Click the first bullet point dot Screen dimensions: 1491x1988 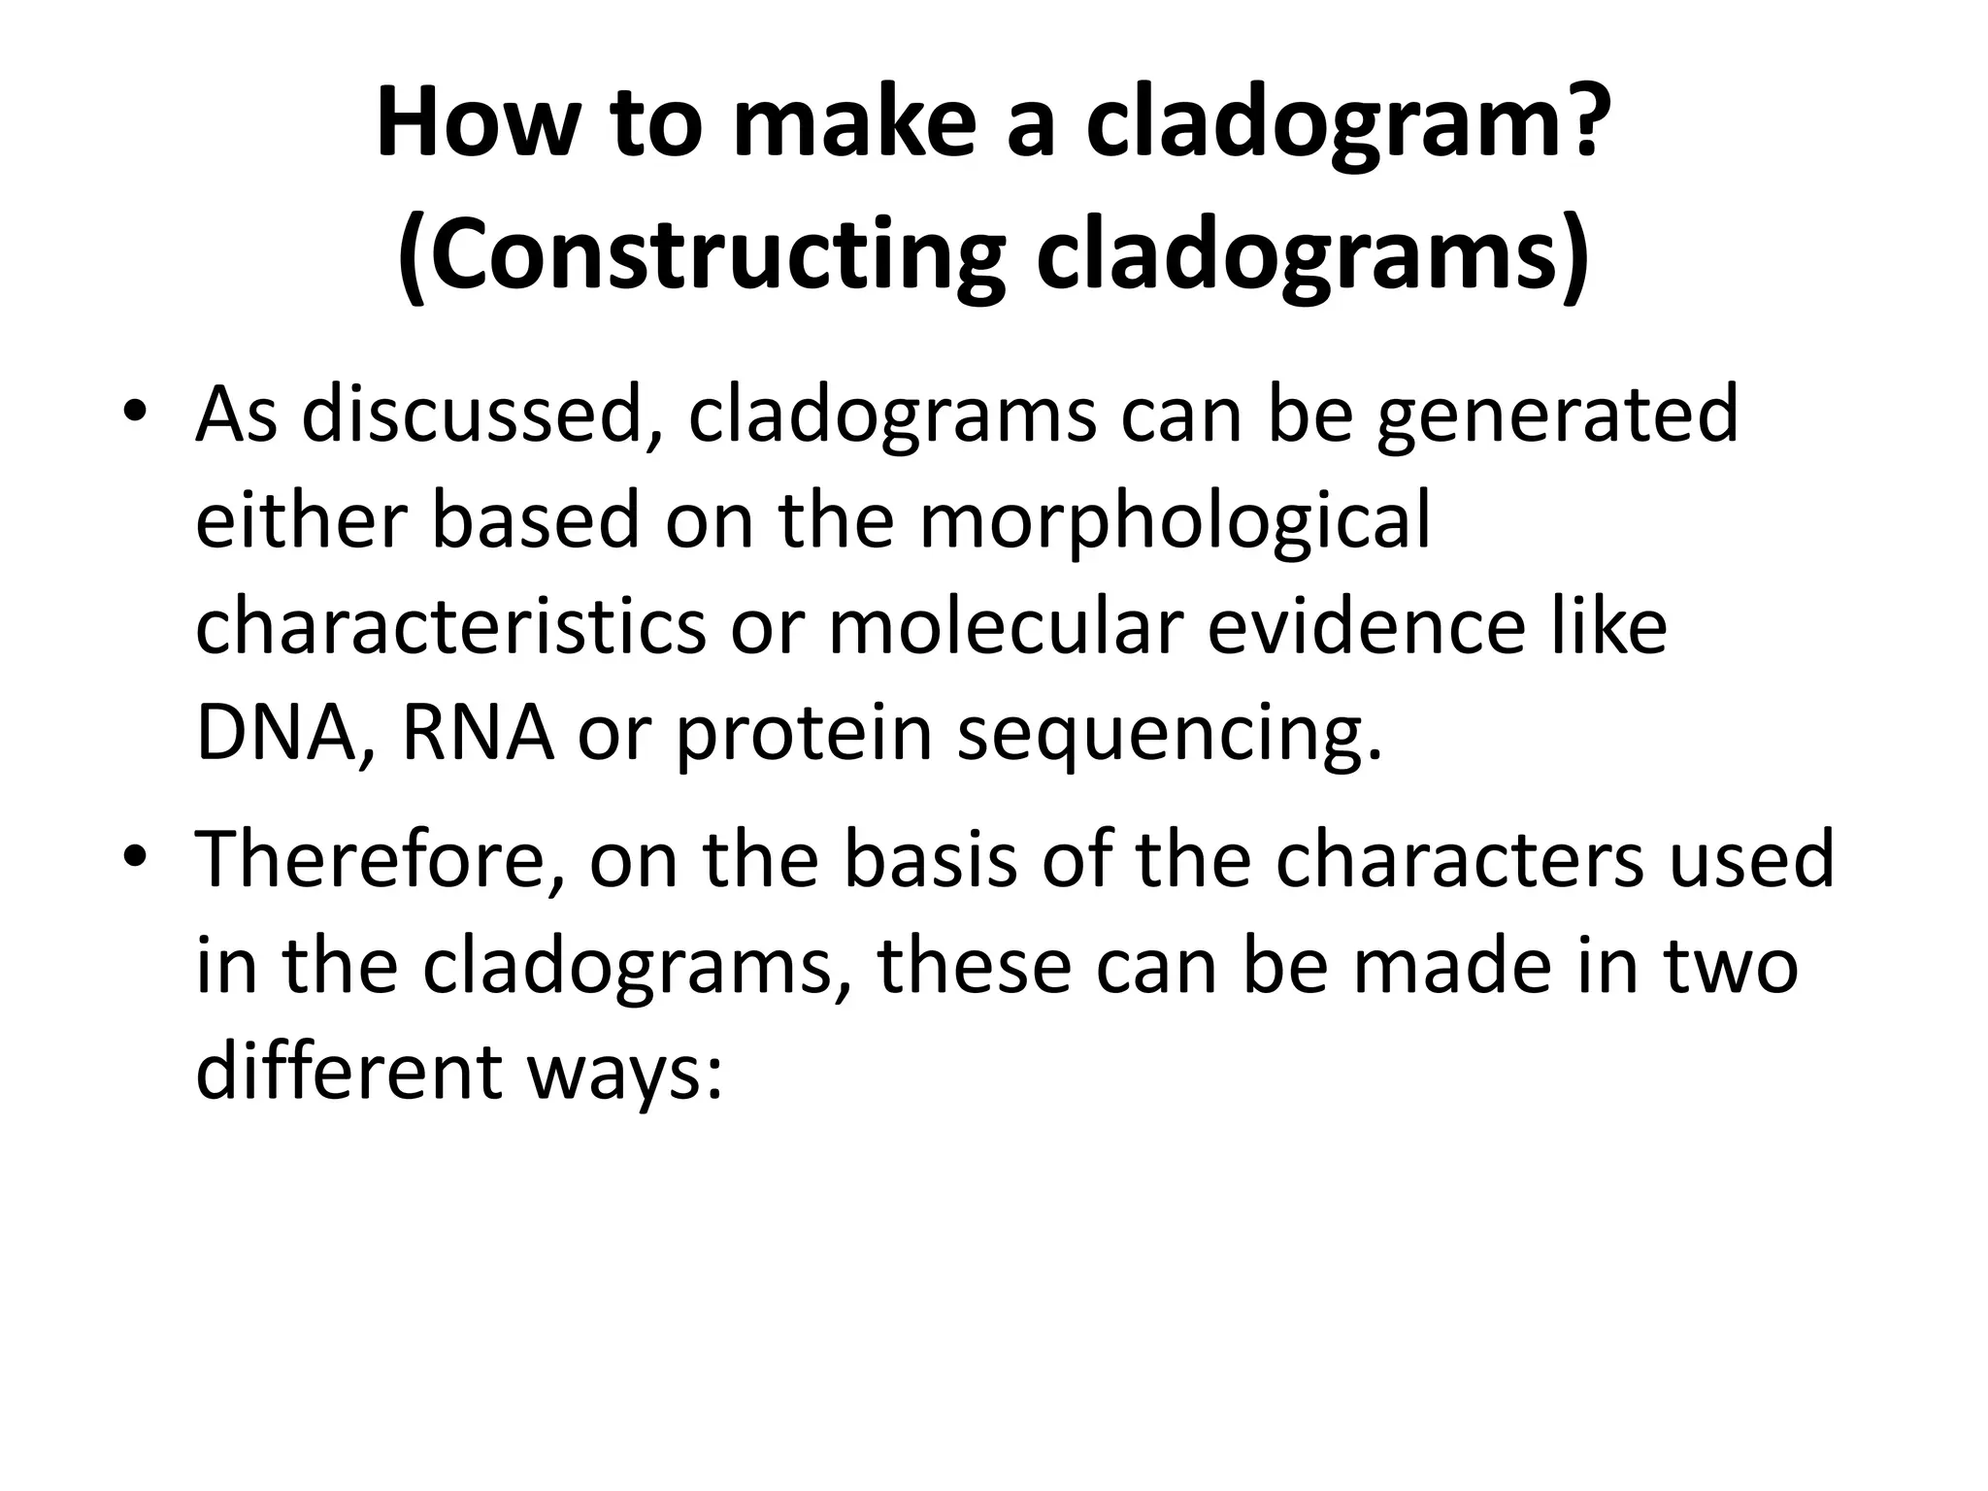click(135, 413)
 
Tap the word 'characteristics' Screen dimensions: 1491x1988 click(450, 626)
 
